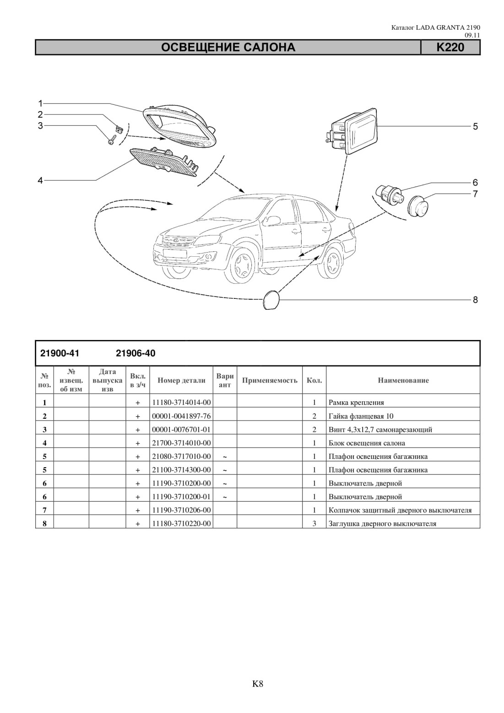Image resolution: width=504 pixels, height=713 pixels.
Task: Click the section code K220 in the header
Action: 450,48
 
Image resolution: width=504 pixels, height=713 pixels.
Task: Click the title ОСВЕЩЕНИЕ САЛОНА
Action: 228,48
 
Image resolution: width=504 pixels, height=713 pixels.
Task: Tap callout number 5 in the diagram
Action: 475,127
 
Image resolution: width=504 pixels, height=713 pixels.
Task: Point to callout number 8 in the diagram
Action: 475,300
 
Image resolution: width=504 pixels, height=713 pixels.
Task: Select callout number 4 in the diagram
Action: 40,180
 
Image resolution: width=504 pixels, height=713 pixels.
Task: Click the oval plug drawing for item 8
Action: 271,299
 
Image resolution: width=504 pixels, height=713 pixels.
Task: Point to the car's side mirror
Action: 272,220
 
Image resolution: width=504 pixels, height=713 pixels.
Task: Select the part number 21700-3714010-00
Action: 181,443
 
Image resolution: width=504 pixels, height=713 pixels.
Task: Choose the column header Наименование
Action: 403,380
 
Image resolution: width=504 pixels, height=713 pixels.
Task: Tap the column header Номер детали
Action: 181,380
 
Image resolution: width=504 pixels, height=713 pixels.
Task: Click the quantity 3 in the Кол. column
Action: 314,524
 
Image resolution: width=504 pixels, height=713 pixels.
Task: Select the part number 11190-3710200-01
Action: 181,497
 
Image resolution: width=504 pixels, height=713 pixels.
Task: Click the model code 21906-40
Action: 135,354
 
